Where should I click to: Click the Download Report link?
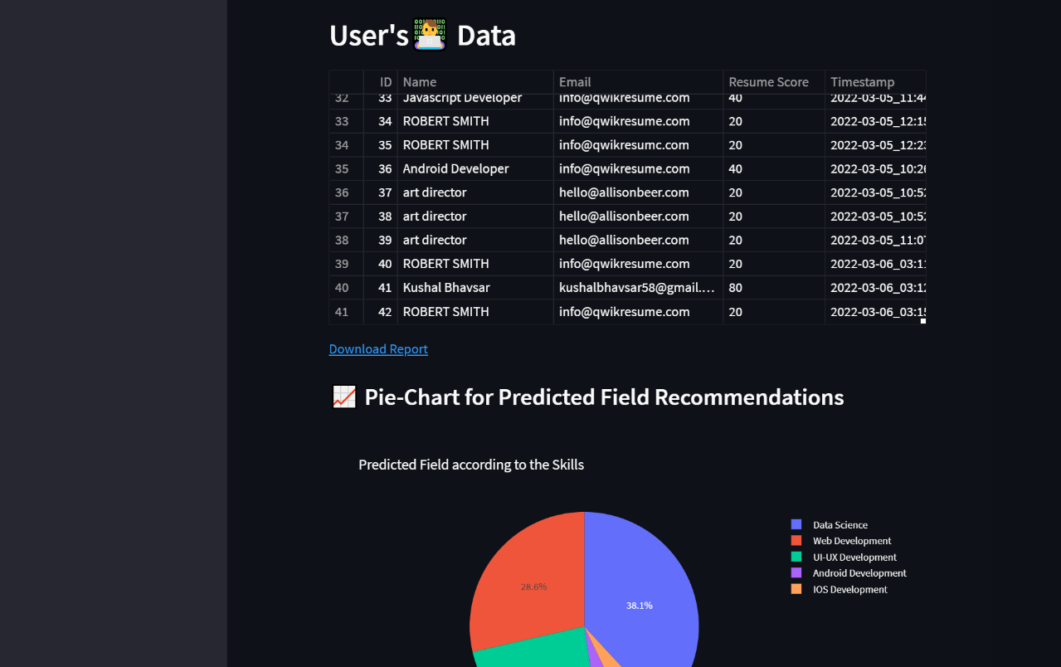point(378,349)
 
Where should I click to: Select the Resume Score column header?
point(768,82)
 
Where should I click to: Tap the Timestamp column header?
point(863,82)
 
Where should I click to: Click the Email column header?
point(575,82)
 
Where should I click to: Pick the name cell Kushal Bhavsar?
point(446,288)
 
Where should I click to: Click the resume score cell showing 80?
point(736,288)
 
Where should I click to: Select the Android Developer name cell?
point(455,168)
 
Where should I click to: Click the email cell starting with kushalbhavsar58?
point(636,288)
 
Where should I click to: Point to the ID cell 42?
point(385,312)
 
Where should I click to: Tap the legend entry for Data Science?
point(840,525)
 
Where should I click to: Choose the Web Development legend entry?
point(851,541)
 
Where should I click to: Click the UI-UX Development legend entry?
point(854,557)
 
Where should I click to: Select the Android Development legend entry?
point(859,573)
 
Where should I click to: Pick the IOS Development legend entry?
point(849,590)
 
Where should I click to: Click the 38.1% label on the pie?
point(639,606)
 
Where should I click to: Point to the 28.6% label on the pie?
point(533,587)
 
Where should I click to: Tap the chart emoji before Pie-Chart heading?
point(343,397)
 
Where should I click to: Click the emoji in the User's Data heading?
point(429,35)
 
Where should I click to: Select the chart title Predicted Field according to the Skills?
point(471,465)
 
